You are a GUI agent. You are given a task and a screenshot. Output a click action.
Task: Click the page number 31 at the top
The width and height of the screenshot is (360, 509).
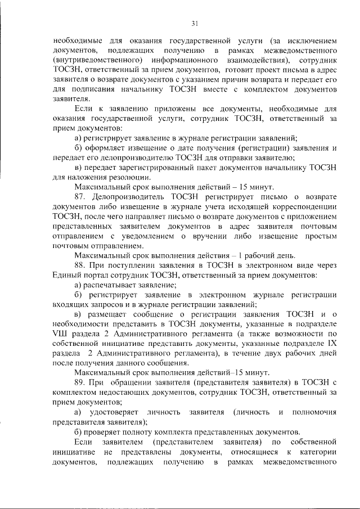tap(195, 23)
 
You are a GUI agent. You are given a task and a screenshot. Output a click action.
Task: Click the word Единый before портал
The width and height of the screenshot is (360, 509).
tap(68, 275)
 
